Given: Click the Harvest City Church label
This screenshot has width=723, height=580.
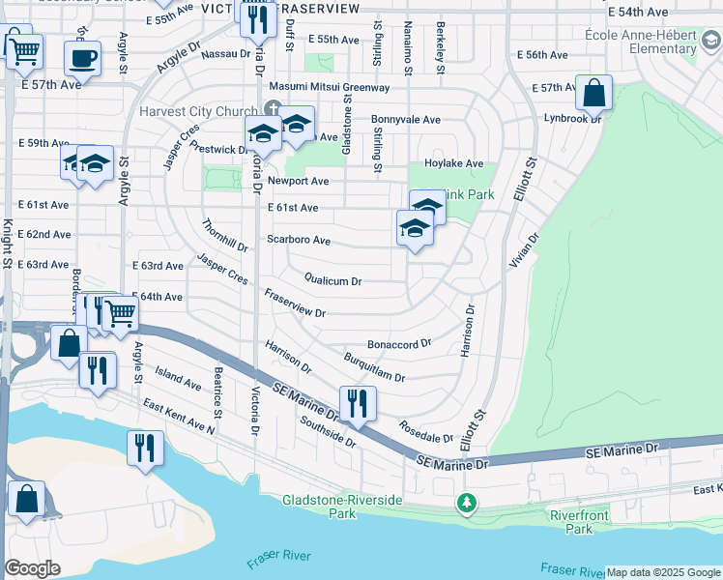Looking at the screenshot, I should [197, 111].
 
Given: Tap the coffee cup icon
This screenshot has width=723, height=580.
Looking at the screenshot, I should [82, 57].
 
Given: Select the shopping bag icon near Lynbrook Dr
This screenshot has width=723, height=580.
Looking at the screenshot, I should [593, 94].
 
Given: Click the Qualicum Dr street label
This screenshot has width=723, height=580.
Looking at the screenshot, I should [333, 281].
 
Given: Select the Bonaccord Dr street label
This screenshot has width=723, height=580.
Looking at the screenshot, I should [398, 343].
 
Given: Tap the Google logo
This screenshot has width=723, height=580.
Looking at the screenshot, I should [32, 568].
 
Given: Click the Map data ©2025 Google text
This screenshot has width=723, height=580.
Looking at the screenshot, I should [663, 573].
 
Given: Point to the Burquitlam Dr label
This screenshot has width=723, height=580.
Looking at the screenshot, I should [374, 368].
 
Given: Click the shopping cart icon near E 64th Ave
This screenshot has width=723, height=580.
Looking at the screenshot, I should [120, 313].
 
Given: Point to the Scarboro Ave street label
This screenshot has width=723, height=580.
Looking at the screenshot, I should [299, 240].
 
